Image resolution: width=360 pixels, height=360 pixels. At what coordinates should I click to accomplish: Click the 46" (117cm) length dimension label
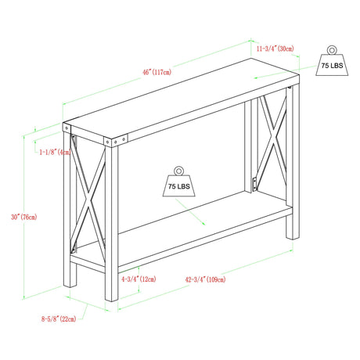(157, 72)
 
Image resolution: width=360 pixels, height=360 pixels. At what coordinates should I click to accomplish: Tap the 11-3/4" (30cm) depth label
(275, 49)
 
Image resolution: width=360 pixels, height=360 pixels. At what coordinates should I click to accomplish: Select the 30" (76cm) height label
(24, 217)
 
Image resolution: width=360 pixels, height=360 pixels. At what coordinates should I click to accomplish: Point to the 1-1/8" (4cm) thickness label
(55, 152)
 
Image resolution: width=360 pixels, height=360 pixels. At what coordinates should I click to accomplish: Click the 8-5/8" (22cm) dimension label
(59, 319)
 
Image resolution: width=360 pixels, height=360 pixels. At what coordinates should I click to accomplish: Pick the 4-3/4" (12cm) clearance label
(139, 279)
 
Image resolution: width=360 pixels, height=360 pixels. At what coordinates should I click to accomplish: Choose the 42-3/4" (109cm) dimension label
(205, 279)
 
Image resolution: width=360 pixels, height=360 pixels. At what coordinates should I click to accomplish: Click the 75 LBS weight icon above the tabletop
(332, 61)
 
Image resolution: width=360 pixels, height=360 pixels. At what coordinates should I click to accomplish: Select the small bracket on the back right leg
(254, 185)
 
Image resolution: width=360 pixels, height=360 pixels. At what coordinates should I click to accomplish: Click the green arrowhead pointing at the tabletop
(256, 77)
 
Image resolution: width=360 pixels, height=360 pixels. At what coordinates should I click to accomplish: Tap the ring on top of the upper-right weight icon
(332, 50)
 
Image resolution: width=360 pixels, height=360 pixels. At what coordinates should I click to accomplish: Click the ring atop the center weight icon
(179, 171)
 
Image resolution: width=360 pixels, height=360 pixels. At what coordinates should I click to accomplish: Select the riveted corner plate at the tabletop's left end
(67, 128)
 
